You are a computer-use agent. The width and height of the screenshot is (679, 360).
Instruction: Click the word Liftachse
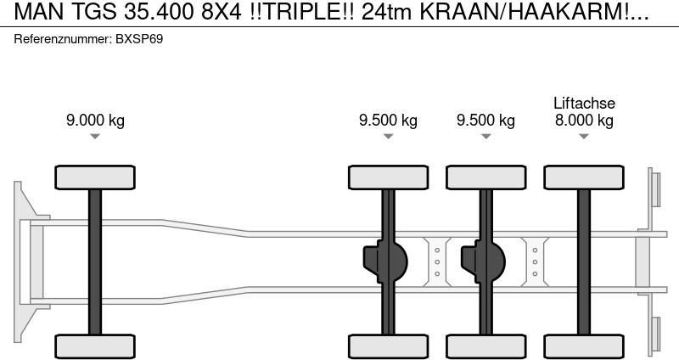click(584, 103)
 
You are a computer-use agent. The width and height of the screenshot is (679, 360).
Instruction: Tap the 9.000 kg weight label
click(95, 120)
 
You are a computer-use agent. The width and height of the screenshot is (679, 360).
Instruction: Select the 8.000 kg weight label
click(584, 120)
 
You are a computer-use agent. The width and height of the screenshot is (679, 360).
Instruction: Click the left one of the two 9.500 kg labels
click(388, 120)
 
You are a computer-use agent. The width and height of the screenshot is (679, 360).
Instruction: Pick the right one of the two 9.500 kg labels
click(485, 120)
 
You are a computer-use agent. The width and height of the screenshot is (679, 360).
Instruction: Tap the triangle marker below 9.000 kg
click(95, 137)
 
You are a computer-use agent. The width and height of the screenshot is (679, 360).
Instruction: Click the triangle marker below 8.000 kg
click(584, 137)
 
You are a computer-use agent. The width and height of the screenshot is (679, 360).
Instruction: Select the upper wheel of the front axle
click(95, 177)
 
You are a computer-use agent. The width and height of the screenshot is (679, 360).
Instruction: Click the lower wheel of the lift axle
click(584, 346)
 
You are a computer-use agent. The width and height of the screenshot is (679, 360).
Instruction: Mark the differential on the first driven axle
click(384, 262)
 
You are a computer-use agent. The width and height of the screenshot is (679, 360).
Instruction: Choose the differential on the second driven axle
click(481, 262)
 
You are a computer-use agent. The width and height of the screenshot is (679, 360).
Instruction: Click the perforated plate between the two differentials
click(436, 262)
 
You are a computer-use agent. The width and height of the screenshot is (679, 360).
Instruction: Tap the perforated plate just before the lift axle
click(535, 262)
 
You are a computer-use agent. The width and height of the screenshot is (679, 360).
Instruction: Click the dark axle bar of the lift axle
click(584, 262)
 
